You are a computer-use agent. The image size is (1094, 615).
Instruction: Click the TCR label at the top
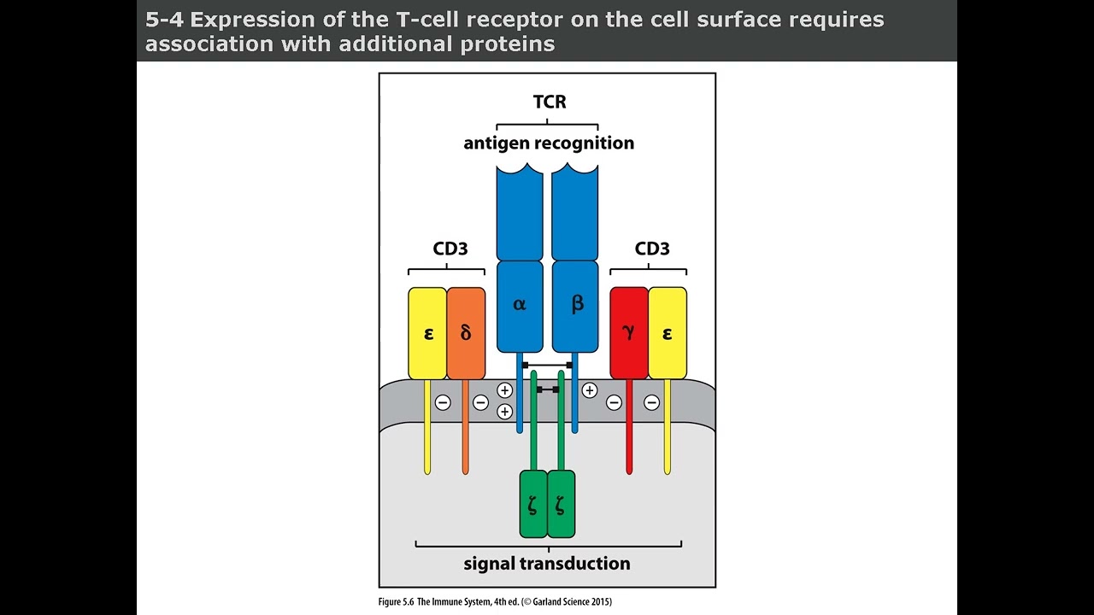549,102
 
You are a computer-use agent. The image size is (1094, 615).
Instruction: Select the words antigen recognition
549,143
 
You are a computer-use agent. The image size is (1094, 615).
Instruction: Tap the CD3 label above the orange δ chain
450,249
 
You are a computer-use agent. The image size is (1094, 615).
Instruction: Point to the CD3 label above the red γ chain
651,249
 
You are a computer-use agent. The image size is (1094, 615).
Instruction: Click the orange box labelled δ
466,333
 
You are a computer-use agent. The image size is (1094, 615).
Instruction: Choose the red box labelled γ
629,333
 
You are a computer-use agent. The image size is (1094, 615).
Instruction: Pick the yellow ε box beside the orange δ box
427,333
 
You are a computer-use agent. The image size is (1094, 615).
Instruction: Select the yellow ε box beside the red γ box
668,333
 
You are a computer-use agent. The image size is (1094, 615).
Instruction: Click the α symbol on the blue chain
520,304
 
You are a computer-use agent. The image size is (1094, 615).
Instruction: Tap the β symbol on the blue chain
577,304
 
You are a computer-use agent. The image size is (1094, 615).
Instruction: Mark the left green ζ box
533,504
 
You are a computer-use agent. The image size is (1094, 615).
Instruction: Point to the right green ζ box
561,504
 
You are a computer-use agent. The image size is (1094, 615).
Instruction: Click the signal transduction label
547,563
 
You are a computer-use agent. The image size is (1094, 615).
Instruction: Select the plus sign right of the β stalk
590,390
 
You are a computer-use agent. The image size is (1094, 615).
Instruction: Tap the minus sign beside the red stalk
614,402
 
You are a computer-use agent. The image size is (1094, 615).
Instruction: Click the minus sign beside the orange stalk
481,402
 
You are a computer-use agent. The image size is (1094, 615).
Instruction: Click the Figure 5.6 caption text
495,602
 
